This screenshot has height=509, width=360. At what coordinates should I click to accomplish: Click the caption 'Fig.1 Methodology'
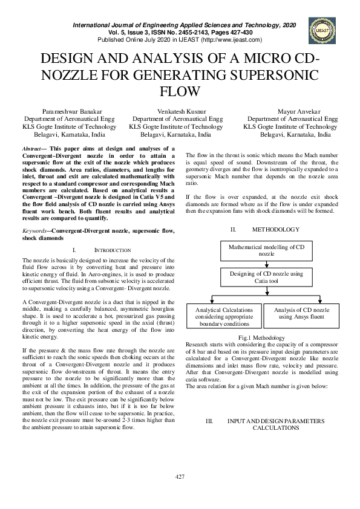click(x=261, y=337)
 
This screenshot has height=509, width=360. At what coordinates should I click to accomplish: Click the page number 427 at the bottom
click(x=180, y=477)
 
